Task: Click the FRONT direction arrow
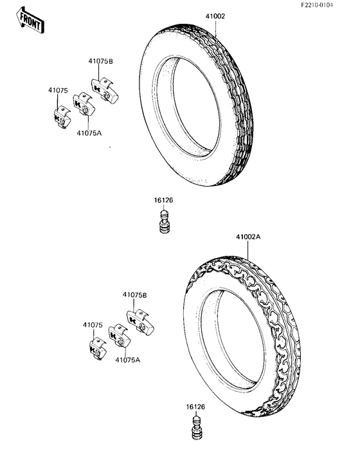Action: coord(30,21)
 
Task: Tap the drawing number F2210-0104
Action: coord(317,5)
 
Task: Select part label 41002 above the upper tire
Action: coord(215,17)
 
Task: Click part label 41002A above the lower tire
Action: coord(248,237)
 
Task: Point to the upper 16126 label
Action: coord(164,200)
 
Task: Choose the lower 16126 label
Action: coord(195,407)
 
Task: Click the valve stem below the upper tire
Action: coord(165,221)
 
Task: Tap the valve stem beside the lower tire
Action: coord(197,428)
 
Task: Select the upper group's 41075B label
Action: coord(101,61)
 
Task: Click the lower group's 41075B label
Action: coord(135,295)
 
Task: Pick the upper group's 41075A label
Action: coord(89,133)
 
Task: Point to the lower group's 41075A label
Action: coord(128,360)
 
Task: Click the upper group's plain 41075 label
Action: coord(58,91)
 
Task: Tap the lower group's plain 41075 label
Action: coord(93,325)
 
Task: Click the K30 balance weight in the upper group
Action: coord(104,89)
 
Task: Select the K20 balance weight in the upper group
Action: coord(84,104)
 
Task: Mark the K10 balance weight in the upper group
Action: coord(62,117)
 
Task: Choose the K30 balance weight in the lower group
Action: coord(140,322)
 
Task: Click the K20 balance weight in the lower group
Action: coord(120,336)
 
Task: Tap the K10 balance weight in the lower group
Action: coord(98,349)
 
